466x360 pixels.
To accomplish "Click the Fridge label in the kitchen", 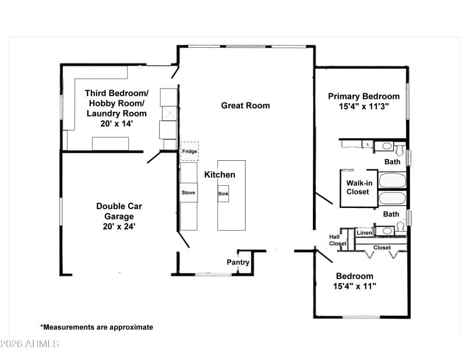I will [189, 151].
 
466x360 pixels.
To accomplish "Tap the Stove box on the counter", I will [188, 192].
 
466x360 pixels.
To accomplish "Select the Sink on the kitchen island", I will [223, 193].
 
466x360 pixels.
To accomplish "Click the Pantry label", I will [238, 263].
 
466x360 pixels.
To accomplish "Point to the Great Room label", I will [245, 105].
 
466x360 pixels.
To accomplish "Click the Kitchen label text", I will [220, 175].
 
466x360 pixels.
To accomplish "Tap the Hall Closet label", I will [338, 239].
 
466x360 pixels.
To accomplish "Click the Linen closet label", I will [364, 233].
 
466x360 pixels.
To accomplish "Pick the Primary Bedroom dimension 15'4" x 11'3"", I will [363, 107].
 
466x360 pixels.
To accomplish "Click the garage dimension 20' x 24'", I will [119, 226].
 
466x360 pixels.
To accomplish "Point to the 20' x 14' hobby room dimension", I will [116, 124].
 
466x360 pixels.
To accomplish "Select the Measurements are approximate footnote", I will [97, 327].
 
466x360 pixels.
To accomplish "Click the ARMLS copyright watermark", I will [30, 344].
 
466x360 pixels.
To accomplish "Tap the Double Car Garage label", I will [119, 211].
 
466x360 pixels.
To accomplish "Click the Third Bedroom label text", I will [116, 93].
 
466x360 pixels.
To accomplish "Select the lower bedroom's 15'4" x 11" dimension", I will [354, 287].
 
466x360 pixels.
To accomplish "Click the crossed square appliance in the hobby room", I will [168, 112].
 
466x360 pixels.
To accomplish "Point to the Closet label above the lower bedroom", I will [382, 248].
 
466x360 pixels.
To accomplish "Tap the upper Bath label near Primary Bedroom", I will [391, 161].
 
